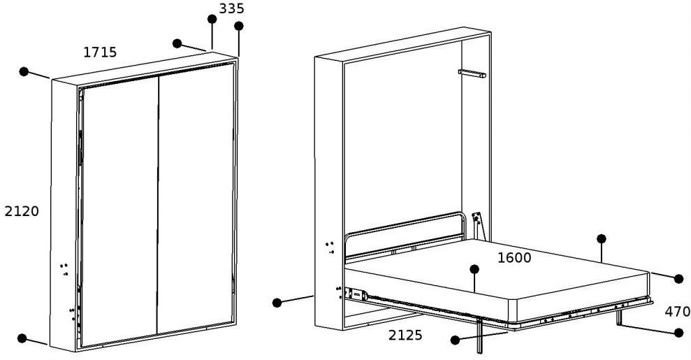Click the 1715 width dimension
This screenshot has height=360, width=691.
pos(100,52)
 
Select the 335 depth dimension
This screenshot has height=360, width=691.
pos(231,8)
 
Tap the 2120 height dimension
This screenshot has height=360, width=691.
pos(22,212)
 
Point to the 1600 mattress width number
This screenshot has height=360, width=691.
pos(514,258)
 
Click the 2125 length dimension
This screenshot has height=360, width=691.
pos(405,336)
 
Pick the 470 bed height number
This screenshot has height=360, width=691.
pos(677,312)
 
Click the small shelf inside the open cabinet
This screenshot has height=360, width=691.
pos(472,73)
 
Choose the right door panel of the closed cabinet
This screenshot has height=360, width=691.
pos(196,199)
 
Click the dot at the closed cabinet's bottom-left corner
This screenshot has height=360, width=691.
pos(22,338)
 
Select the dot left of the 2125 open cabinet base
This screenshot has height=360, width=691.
pos(277,303)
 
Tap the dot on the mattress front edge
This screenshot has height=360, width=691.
pos(474,269)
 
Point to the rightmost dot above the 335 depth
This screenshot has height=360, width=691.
pos(239,26)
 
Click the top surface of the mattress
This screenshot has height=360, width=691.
pos(493,269)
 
